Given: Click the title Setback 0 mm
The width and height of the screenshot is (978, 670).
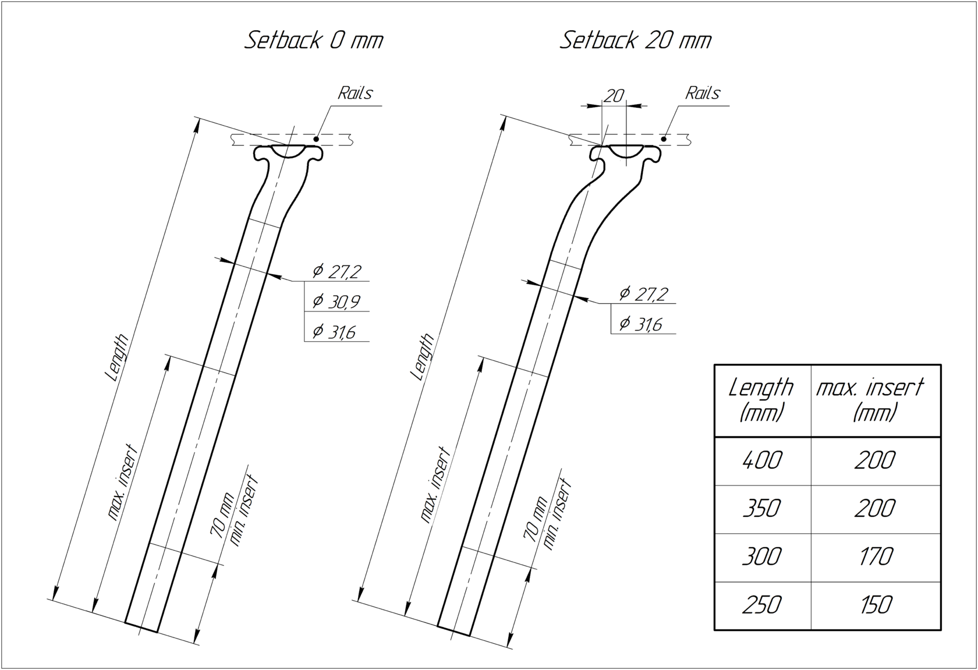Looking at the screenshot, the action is coord(313,40).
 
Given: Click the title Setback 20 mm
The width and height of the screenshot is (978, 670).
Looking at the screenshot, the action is coord(636,40).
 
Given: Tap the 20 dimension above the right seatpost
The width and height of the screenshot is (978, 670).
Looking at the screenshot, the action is coord(614,95).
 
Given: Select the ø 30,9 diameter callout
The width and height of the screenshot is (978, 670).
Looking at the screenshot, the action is coord(336,301).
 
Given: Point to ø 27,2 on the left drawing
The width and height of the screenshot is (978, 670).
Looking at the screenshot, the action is coord(336,271).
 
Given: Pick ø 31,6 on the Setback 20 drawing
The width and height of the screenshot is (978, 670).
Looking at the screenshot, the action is coord(641,324).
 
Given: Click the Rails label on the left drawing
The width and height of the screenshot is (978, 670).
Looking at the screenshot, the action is coord(355,93).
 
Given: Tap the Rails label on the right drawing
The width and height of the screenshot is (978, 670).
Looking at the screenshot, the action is coord(703,93).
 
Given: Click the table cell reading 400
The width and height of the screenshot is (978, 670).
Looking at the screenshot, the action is coord(763,460).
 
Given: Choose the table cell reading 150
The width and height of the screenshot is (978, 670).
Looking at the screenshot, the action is coord(875,605).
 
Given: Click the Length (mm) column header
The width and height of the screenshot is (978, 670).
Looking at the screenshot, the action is coord(761,400).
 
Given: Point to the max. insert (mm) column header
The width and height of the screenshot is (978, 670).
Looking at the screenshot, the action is coord(871,400).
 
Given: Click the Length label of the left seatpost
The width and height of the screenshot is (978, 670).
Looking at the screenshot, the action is coord(117,357).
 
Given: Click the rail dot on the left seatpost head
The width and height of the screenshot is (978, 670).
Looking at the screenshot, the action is coord(316,139).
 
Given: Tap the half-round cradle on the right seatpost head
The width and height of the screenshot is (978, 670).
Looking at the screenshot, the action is coord(626,151).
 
